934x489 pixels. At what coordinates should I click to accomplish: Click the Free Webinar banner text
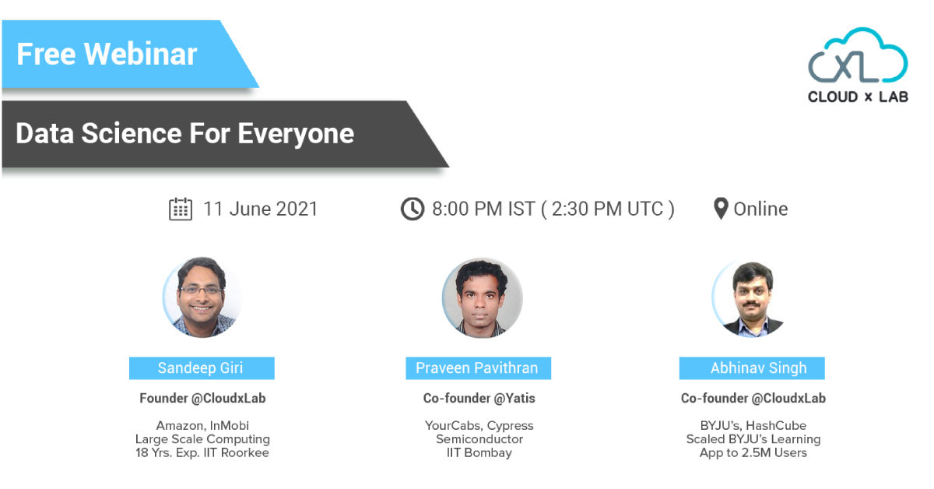pos(107,55)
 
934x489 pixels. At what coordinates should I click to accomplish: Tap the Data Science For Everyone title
pos(184,134)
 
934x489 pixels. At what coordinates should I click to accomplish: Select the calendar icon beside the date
pos(181,209)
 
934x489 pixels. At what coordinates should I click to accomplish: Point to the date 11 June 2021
pos(261,209)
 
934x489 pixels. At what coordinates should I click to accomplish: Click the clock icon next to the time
pos(413,209)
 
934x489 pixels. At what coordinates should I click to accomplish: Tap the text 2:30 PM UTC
pos(608,209)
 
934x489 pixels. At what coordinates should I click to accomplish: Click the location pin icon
pos(721,208)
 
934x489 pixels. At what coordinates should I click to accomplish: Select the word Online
pos(760,209)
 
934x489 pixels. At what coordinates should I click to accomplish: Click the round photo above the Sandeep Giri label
pos(202,297)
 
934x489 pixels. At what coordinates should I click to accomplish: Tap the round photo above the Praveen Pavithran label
pos(482,297)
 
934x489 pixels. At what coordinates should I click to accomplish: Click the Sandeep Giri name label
pos(202,368)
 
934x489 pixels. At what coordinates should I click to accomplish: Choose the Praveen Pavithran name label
pos(478,368)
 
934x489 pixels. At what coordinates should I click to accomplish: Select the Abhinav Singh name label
pos(752,368)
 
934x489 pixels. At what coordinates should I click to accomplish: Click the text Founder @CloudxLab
pos(202,399)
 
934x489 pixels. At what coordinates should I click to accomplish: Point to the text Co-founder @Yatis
pos(479,399)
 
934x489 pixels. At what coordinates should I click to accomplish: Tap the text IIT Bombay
pos(479,452)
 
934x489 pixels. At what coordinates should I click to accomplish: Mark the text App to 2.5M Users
pos(753,453)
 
